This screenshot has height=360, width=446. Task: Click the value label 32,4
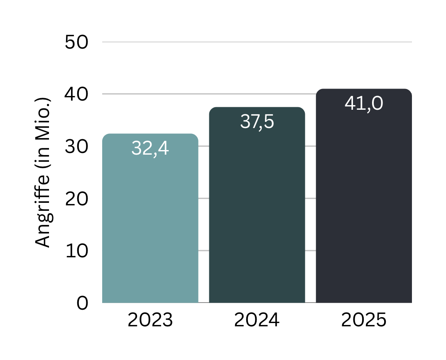150,148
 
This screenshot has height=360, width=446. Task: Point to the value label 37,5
257,122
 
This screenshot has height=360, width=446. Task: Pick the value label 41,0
364,104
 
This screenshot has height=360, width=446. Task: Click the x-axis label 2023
150,321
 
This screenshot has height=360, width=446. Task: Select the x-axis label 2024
257,321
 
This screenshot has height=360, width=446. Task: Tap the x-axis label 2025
364,321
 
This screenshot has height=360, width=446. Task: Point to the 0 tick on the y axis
82,303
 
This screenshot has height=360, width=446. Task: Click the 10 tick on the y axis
77,251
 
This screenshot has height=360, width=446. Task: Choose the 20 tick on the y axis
77,199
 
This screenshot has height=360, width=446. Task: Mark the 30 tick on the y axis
77,147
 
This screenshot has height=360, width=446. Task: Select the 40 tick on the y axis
77,94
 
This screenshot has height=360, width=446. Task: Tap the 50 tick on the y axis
77,42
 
